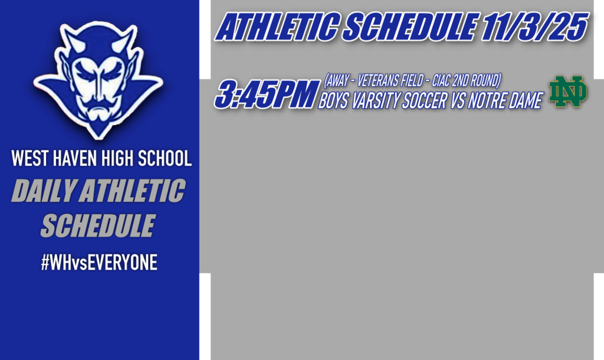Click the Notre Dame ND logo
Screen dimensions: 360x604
[x=568, y=91]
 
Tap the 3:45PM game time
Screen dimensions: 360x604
[x=264, y=96]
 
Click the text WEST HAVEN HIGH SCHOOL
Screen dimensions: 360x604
[x=101, y=159]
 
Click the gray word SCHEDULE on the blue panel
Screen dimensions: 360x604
[x=98, y=225]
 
